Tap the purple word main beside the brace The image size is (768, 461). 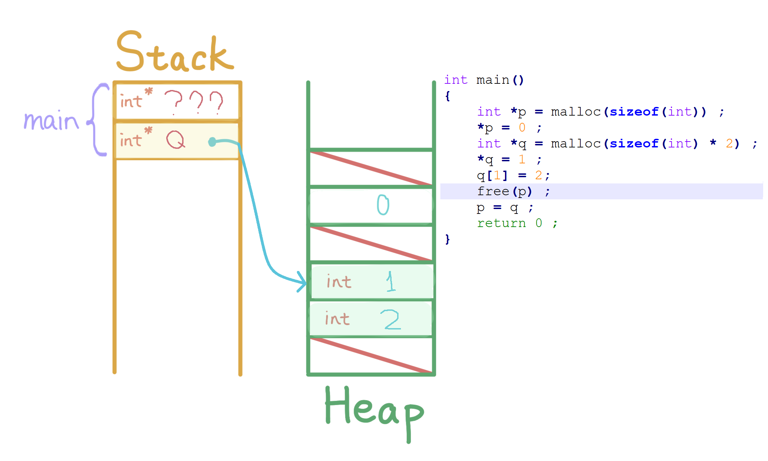(51, 121)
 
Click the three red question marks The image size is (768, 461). (194, 102)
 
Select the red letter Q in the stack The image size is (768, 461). (175, 140)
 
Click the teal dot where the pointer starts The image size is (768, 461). (212, 142)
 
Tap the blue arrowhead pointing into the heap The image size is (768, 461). (301, 282)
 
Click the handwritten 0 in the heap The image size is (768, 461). (383, 205)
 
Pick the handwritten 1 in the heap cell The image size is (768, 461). (391, 281)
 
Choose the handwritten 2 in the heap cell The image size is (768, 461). (391, 319)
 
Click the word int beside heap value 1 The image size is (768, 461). (339, 282)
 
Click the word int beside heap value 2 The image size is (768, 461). (337, 319)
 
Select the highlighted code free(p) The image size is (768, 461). (504, 191)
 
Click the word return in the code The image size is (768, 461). (501, 223)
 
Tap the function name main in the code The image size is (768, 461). (493, 80)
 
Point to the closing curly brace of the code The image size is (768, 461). (448, 239)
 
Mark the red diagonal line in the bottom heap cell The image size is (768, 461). (371, 355)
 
